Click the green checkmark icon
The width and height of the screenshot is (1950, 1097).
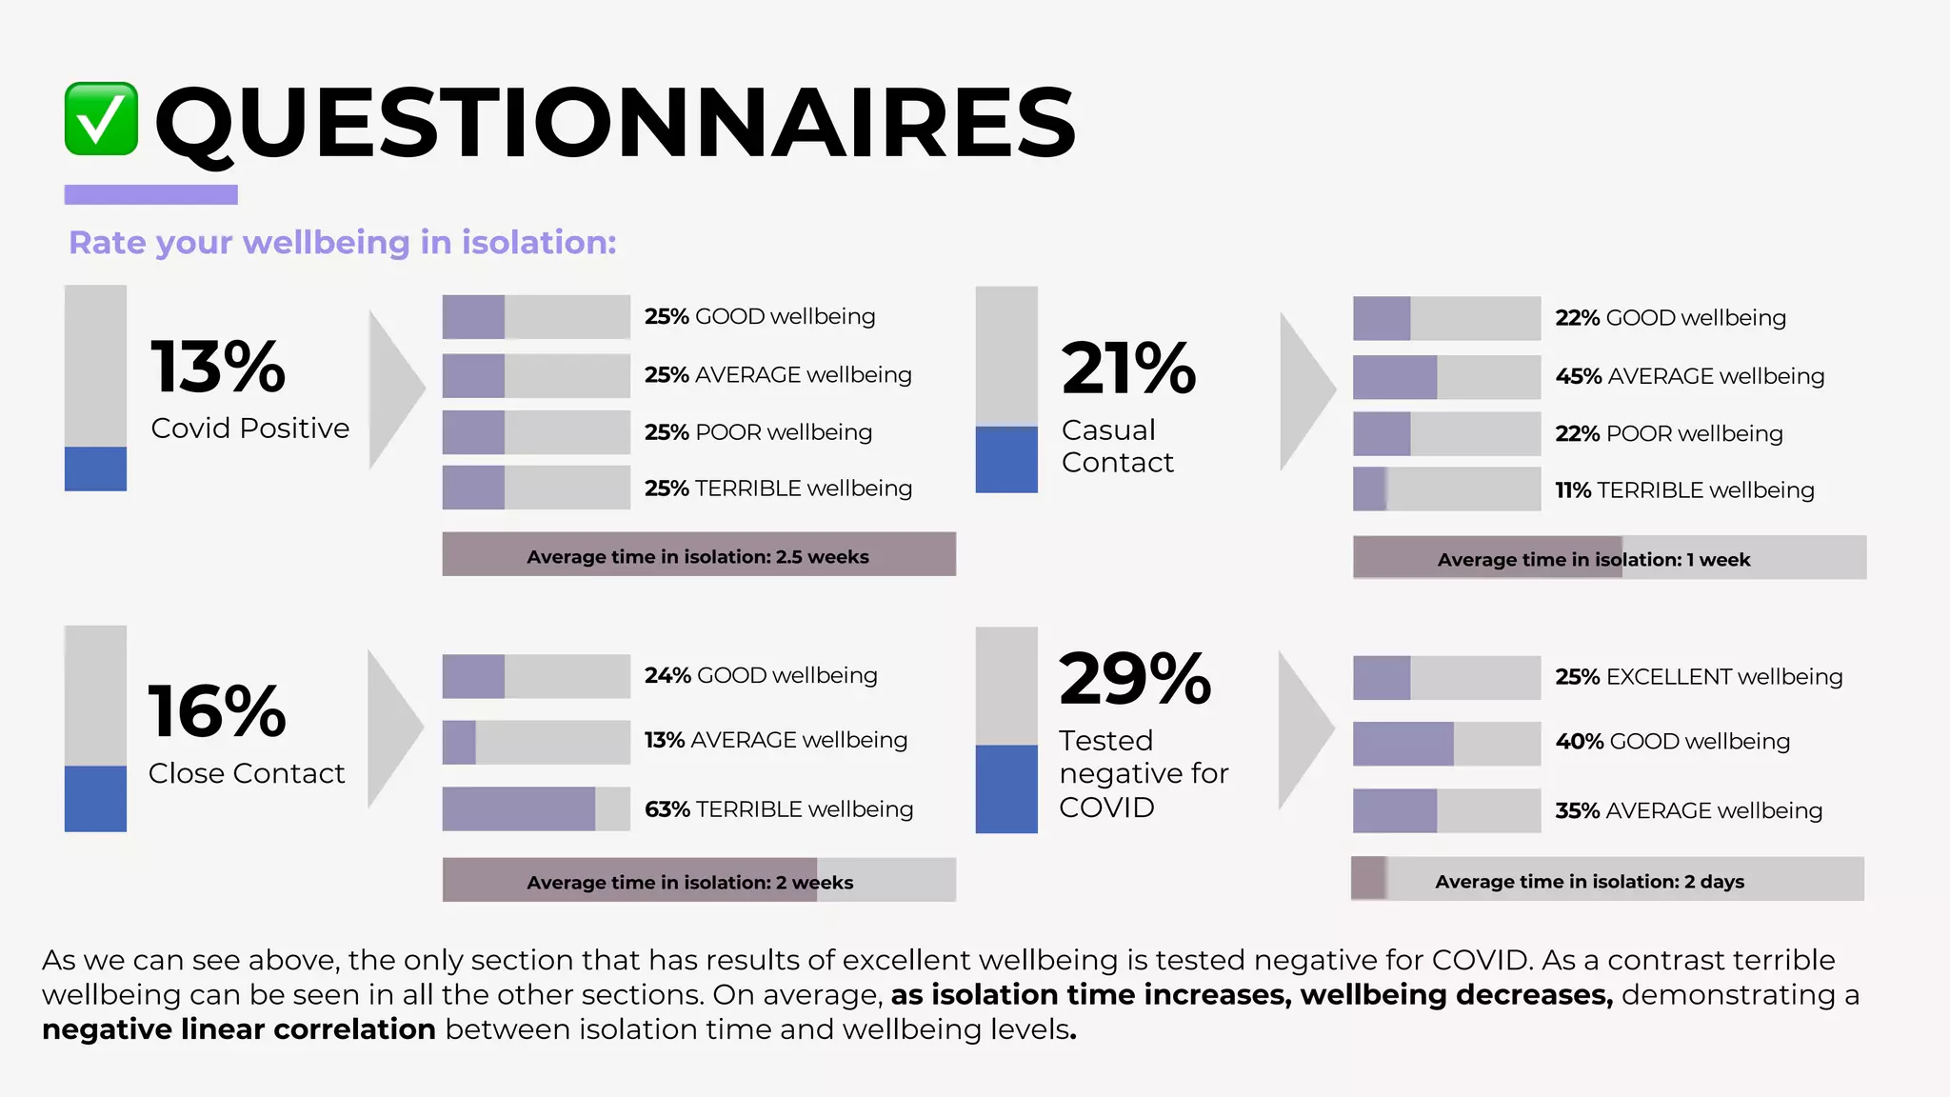(x=101, y=119)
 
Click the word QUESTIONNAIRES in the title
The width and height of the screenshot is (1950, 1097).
(x=614, y=122)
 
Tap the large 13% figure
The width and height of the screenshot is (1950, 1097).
(x=218, y=367)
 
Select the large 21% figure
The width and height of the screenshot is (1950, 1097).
(x=1128, y=369)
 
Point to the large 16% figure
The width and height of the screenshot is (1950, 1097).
(x=217, y=711)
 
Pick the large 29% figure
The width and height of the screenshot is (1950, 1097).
(x=1134, y=679)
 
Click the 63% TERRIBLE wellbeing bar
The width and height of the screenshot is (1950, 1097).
(x=535, y=808)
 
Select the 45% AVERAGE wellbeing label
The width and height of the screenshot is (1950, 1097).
(x=1689, y=376)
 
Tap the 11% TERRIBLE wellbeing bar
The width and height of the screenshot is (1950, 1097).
(x=1445, y=489)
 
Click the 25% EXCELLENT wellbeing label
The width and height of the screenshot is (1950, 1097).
(x=1699, y=677)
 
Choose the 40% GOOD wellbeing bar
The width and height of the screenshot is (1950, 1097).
(x=1445, y=744)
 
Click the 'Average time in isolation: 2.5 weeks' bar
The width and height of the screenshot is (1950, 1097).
(x=698, y=555)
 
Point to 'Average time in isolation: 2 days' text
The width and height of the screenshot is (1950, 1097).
(x=1589, y=882)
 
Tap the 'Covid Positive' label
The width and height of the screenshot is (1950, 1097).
(x=249, y=429)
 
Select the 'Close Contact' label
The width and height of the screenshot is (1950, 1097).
(x=247, y=773)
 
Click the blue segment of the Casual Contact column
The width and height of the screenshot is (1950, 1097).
(x=1005, y=460)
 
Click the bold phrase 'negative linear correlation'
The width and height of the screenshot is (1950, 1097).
(x=239, y=1029)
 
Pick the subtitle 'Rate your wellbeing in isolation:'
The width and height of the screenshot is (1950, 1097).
(x=342, y=243)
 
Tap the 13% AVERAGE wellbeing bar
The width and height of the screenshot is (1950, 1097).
(x=535, y=742)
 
